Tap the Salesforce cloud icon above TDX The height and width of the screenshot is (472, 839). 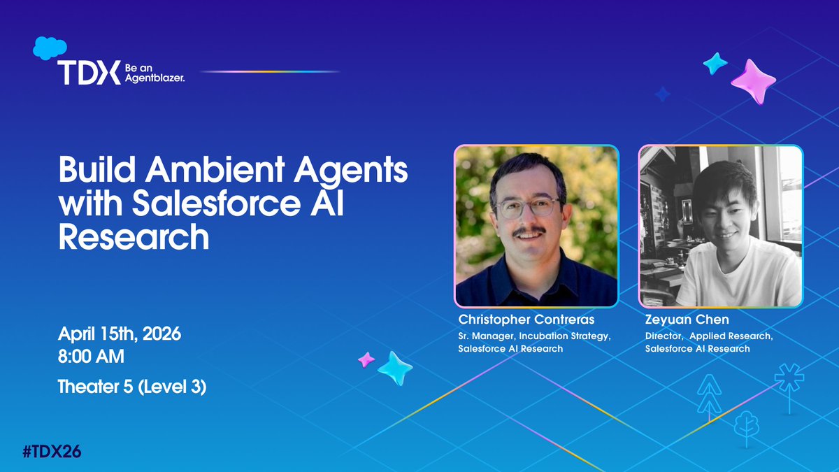(49, 48)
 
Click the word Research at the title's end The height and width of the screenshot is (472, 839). (134, 238)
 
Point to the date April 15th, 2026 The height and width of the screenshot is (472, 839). (120, 334)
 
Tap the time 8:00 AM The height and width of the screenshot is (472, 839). (92, 357)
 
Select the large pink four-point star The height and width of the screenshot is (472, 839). (754, 82)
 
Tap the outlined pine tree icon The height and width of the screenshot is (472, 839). (708, 395)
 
